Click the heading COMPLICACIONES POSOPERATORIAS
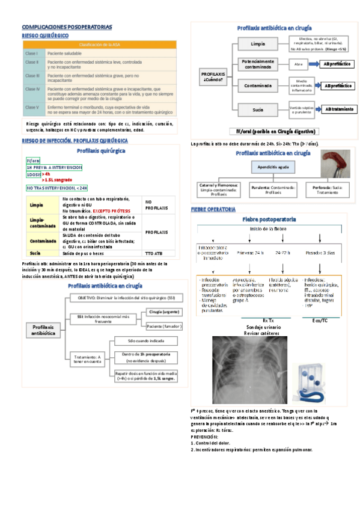(67, 28)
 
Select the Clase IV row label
(32, 89)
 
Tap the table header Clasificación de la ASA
(100, 44)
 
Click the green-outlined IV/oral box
(33, 161)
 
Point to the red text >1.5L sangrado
(57, 179)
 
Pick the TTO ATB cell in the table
(154, 253)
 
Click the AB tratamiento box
(339, 109)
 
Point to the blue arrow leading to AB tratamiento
(316, 109)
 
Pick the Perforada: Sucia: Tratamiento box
(325, 189)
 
